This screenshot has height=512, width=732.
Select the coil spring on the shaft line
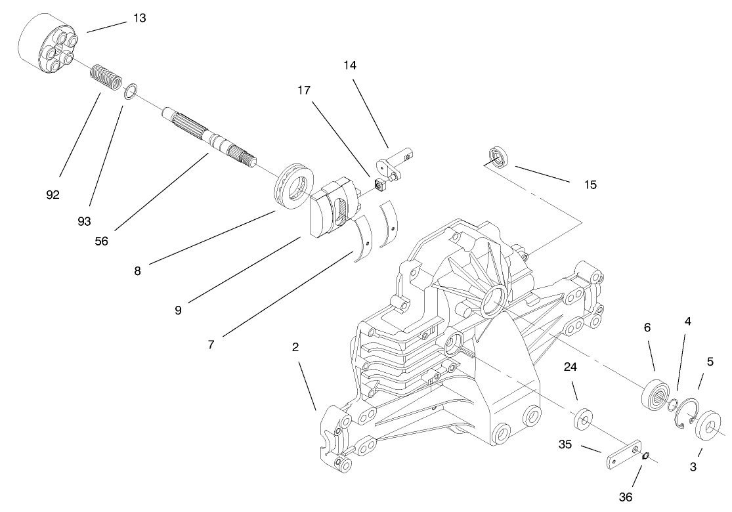coord(106,77)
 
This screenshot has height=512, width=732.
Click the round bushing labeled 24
coord(583,419)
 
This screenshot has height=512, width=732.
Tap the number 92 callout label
coord(53,195)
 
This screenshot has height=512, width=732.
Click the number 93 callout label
coord(84,221)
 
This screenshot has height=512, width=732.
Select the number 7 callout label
coord(211,344)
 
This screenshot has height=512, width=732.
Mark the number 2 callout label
coord(295,347)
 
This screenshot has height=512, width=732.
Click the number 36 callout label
coord(626,497)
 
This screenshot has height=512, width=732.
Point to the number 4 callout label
coord(687,322)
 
